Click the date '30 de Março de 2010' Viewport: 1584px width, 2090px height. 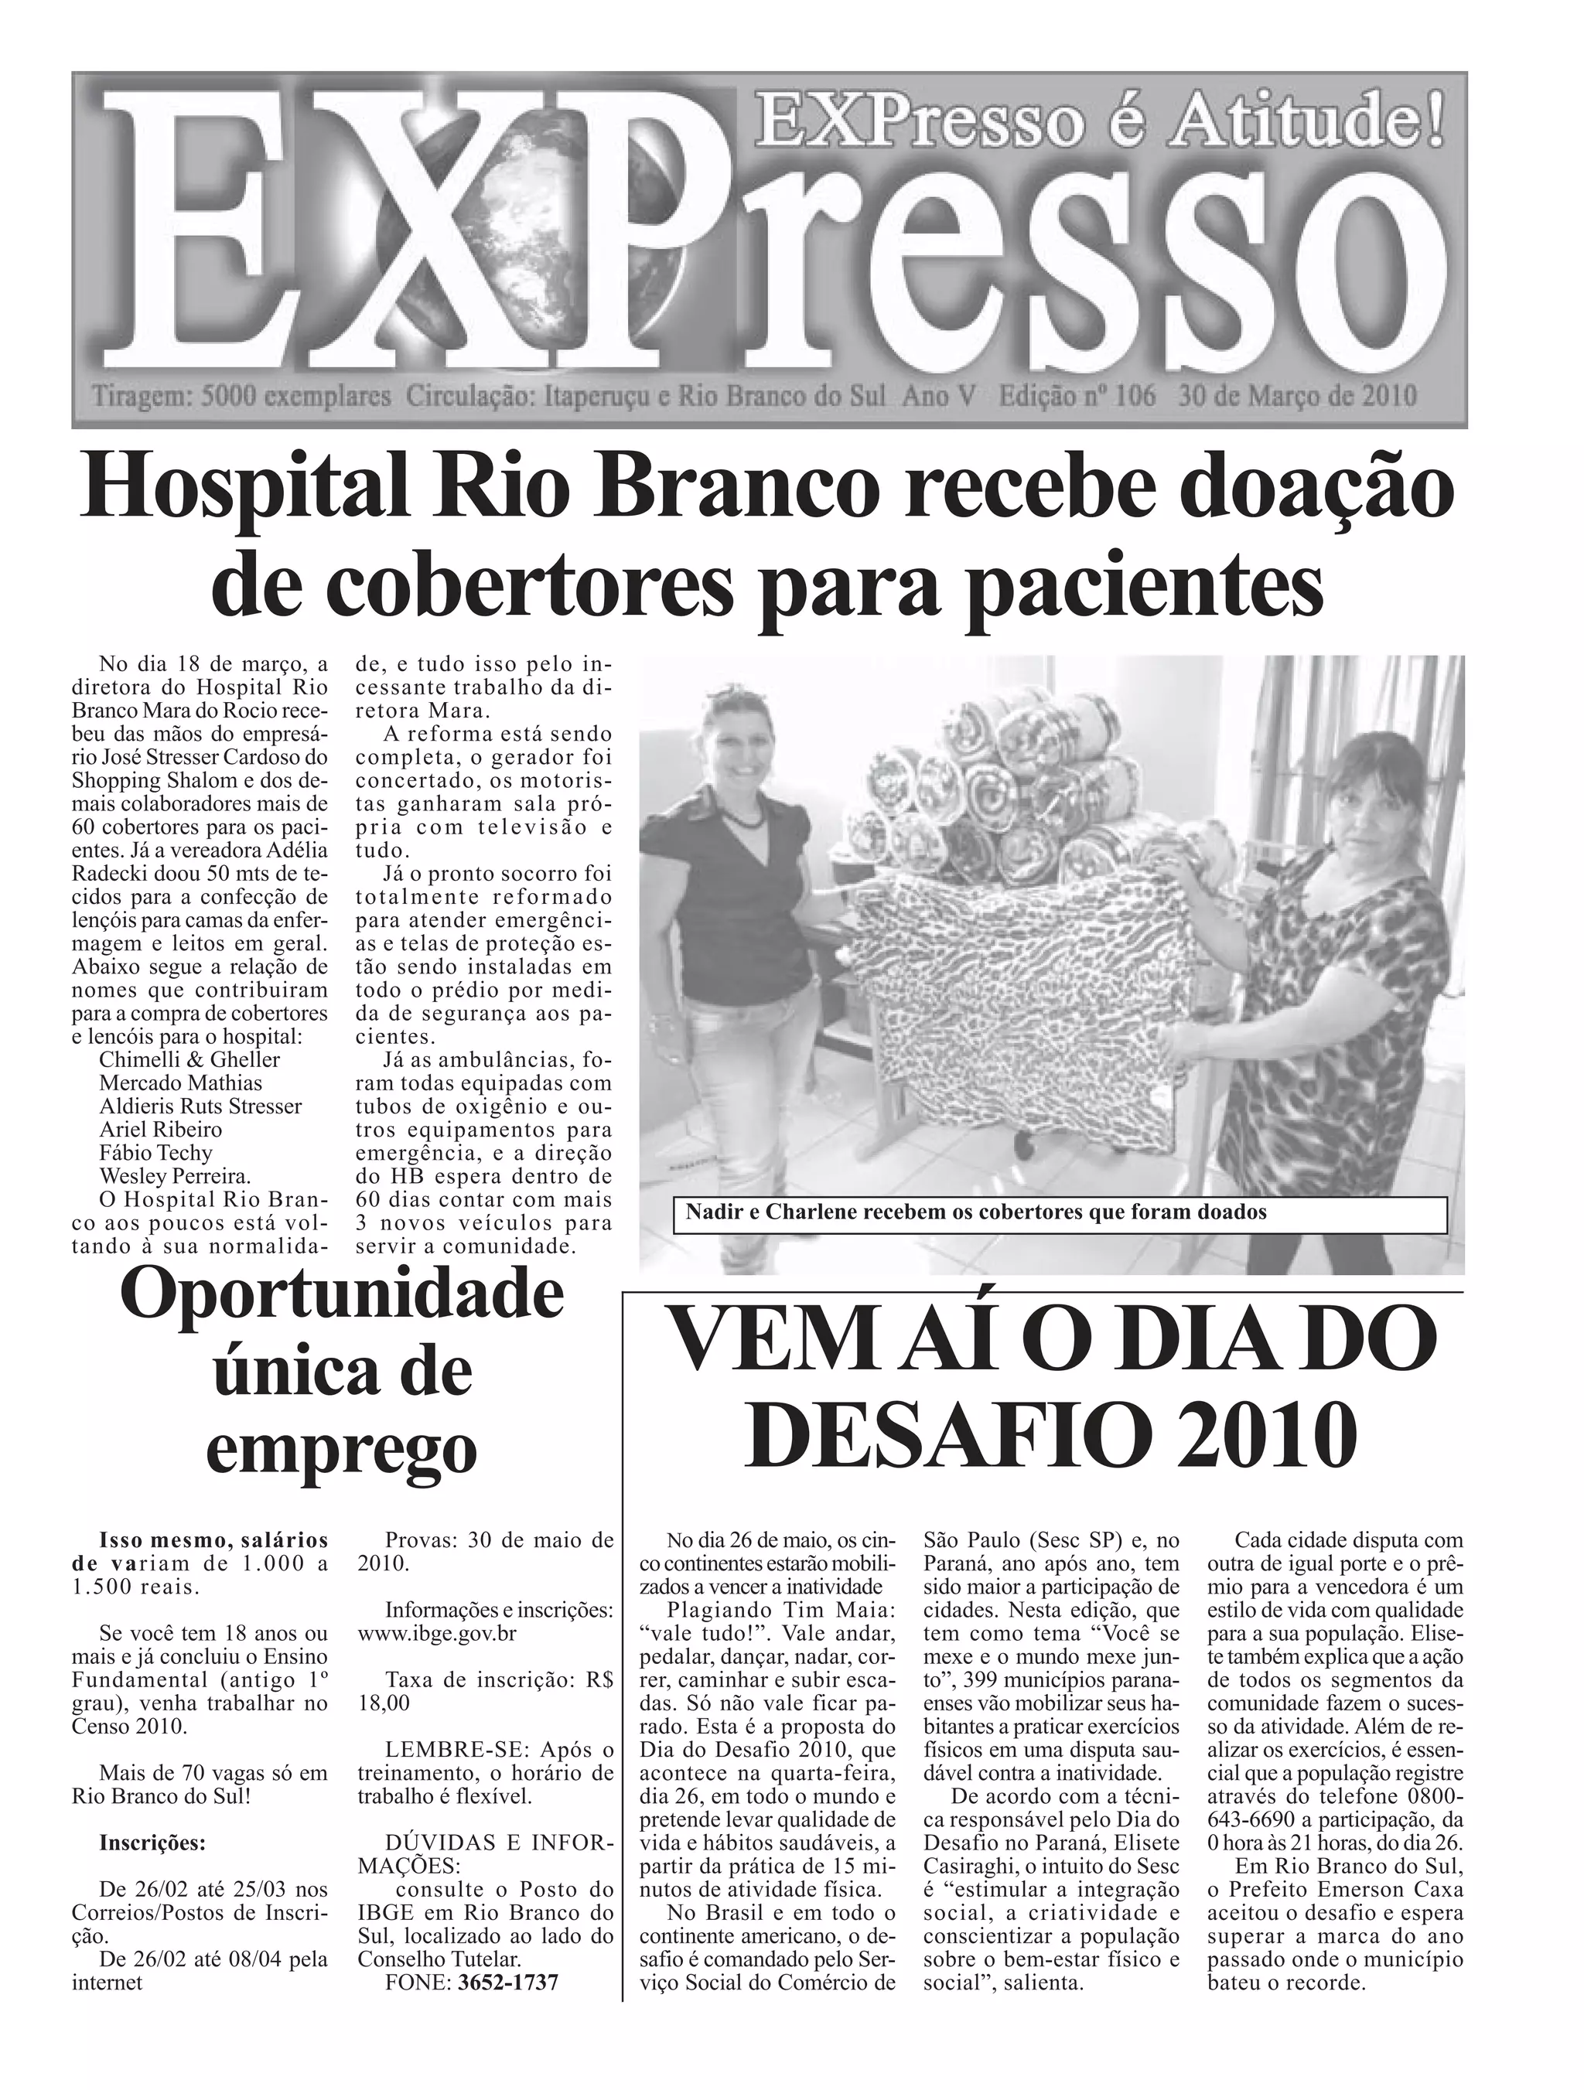1297,396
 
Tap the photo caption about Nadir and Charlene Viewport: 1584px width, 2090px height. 975,1212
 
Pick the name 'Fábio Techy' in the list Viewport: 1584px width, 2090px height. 156,1153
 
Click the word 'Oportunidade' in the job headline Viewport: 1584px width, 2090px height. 341,1299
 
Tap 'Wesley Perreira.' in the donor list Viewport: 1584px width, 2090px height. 175,1176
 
